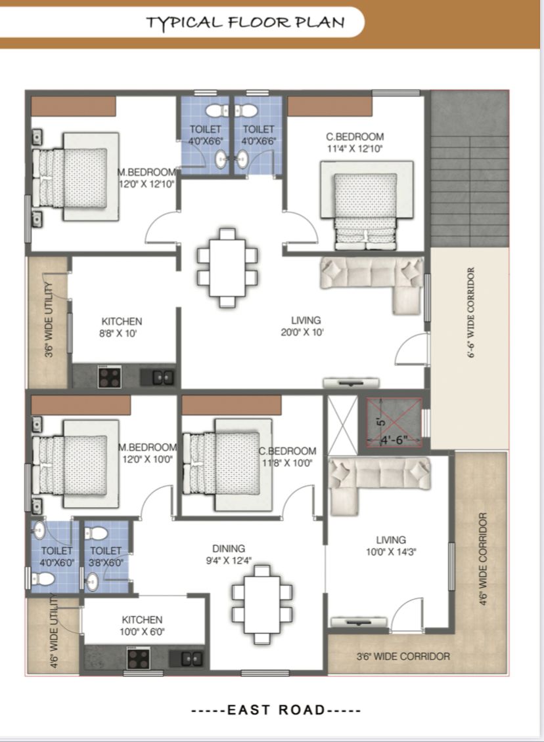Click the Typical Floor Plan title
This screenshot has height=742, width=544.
tap(245, 22)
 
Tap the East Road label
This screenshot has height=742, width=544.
tap(276, 710)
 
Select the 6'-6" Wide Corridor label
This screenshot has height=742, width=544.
tap(470, 313)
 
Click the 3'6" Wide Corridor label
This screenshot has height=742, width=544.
tap(403, 656)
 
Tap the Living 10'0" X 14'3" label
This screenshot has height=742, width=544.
tap(391, 546)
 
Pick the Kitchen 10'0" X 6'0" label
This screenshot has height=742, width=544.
tap(142, 625)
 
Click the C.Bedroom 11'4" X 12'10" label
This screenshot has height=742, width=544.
tap(354, 142)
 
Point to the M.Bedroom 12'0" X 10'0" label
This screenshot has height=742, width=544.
tap(147, 453)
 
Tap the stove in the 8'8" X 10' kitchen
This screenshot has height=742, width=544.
tap(110, 377)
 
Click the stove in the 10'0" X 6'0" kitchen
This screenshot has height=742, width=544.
tap(139, 658)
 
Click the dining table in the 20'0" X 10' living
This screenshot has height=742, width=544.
tap(227, 268)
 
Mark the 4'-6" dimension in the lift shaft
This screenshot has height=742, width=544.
tap(394, 440)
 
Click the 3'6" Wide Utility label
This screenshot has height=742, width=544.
tap(49, 320)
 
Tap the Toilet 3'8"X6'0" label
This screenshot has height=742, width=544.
tap(106, 556)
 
